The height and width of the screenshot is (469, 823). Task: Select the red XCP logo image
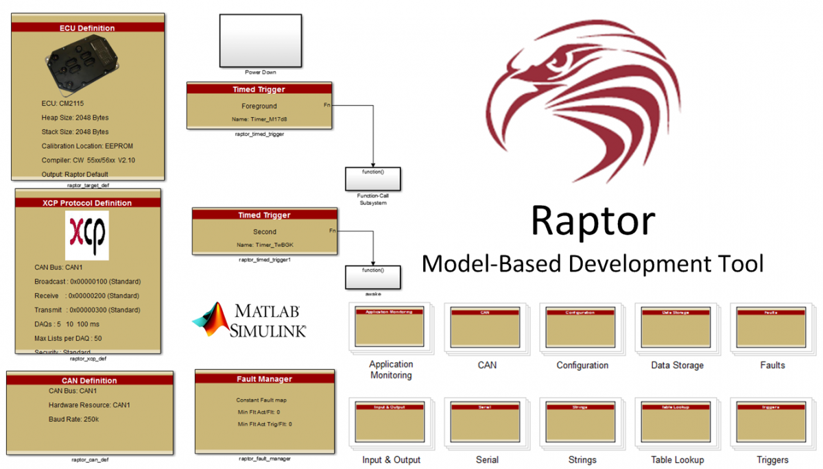[x=86, y=234]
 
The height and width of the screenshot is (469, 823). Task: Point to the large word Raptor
[x=593, y=221]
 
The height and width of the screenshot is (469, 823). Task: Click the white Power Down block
[x=260, y=40]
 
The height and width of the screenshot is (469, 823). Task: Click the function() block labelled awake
[x=372, y=276]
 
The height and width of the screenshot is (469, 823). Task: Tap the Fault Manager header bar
[x=265, y=378]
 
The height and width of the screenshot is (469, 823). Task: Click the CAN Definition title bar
[x=89, y=381]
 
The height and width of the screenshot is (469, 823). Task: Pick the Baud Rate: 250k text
[x=74, y=419]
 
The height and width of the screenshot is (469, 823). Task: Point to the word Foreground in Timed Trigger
[x=259, y=106]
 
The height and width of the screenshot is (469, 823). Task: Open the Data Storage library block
[x=676, y=327]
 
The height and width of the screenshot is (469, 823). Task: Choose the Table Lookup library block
[x=676, y=423]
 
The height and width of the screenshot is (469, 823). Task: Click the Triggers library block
[x=772, y=423]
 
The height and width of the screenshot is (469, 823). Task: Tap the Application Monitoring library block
[x=391, y=327]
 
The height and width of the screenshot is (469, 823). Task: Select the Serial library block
[x=486, y=423]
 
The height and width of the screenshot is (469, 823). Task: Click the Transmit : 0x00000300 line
[x=87, y=310]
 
